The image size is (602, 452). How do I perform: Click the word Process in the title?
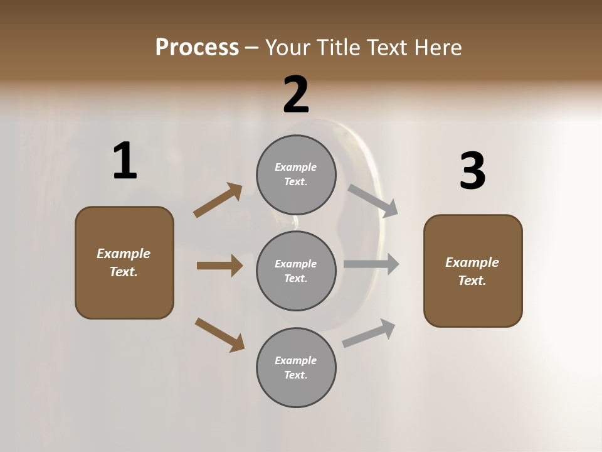197,48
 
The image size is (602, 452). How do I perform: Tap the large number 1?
124,161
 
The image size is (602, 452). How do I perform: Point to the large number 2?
296,95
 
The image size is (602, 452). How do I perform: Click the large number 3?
472,171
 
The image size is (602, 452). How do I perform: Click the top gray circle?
296,175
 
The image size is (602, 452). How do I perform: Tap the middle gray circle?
296,271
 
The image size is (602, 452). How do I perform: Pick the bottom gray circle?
296,367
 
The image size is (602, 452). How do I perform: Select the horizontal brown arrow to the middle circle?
219,266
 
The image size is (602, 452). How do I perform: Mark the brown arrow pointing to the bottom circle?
219,335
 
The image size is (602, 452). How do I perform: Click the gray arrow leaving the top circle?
373,201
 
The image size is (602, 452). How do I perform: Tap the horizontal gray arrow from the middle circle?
371,264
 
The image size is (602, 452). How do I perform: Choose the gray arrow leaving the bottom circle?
369,333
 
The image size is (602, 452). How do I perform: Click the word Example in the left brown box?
124,254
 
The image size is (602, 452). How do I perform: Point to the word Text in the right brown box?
472,281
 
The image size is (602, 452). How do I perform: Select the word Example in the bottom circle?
296,360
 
